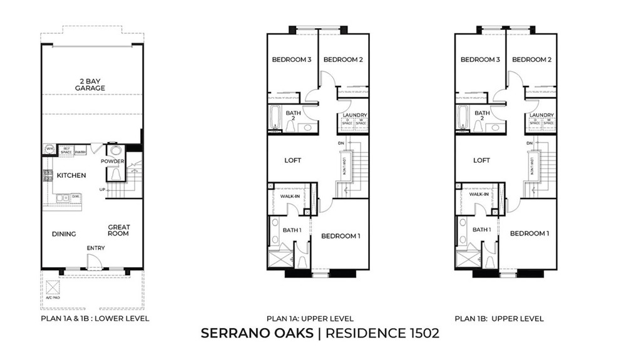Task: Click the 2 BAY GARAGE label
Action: click(92, 84)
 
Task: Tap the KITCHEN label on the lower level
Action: click(71, 175)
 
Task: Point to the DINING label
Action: click(64, 234)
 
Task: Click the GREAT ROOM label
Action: click(118, 230)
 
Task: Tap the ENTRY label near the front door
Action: click(96, 249)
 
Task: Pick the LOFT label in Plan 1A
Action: click(293, 160)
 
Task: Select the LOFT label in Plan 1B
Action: click(481, 160)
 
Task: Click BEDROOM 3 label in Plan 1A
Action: click(292, 60)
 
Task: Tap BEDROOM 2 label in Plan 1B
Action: click(531, 60)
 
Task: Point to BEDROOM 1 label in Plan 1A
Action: click(341, 236)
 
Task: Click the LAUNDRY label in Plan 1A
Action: click(354, 115)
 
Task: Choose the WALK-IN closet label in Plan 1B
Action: click(479, 195)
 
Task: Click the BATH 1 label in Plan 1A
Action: click(292, 230)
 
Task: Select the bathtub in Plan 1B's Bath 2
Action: click(462, 117)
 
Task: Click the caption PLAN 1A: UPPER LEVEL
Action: click(310, 319)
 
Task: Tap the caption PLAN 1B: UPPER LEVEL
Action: click(499, 319)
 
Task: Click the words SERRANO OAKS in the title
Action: click(257, 333)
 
